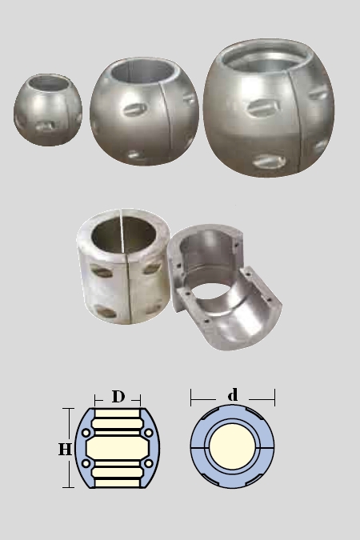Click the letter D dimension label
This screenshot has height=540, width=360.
(118, 396)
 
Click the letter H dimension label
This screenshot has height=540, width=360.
(65, 449)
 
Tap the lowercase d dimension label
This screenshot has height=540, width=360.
(233, 394)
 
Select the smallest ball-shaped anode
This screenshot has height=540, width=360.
(48, 110)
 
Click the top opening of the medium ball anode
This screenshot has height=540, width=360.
(142, 71)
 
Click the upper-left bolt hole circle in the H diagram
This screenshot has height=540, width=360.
(86, 433)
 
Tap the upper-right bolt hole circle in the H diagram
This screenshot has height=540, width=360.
(149, 433)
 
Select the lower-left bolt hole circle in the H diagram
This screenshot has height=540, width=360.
(86, 463)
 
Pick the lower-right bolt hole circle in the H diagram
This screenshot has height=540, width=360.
(149, 463)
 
